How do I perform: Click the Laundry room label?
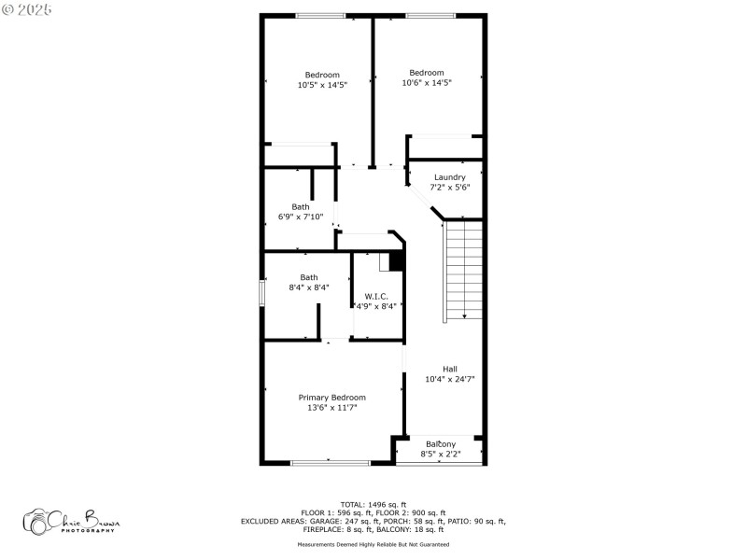tap(449, 176)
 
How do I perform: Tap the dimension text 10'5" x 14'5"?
tap(322, 85)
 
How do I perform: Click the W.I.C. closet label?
tap(376, 296)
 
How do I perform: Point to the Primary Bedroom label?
tap(331, 397)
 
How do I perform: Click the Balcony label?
tap(441, 443)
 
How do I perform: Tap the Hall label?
tap(449, 368)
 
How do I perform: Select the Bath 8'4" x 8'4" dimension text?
tap(309, 287)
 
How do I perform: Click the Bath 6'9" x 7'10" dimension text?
tap(300, 217)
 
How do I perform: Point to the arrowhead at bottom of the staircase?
tap(464, 315)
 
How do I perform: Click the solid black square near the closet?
tap(396, 261)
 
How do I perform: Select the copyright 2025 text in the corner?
tap(27, 8)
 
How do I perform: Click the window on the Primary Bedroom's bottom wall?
tap(330, 462)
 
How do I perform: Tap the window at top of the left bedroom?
tap(320, 15)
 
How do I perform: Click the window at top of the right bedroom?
tap(430, 15)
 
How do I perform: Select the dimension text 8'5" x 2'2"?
tap(441, 454)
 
